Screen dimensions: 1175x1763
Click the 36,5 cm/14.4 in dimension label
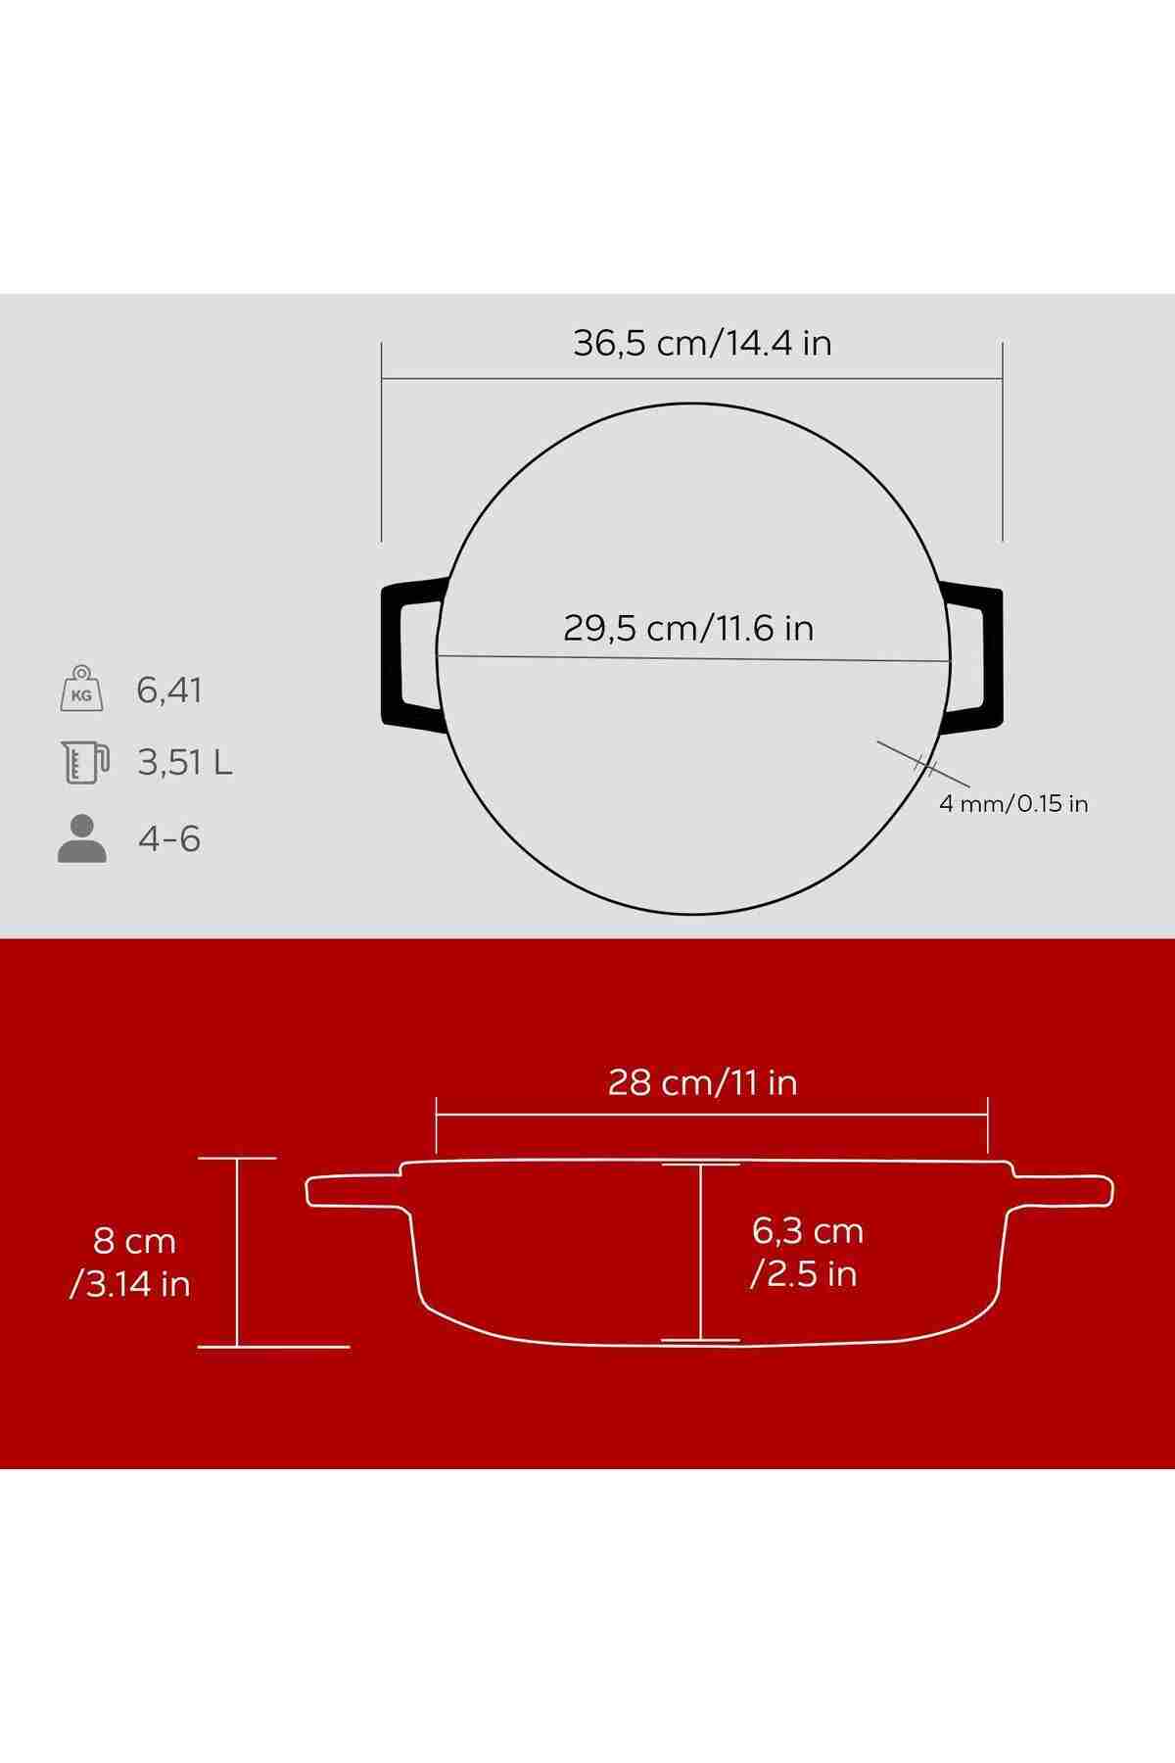[x=702, y=344]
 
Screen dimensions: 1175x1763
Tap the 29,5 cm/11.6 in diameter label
[x=688, y=628]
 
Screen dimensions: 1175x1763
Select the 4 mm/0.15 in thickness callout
[x=1013, y=804]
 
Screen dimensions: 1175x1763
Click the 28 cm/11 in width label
[x=702, y=1083]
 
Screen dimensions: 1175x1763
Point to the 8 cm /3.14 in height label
[x=130, y=1263]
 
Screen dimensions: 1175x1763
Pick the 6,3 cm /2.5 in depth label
[x=807, y=1252]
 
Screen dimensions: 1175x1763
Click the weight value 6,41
[x=169, y=691]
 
